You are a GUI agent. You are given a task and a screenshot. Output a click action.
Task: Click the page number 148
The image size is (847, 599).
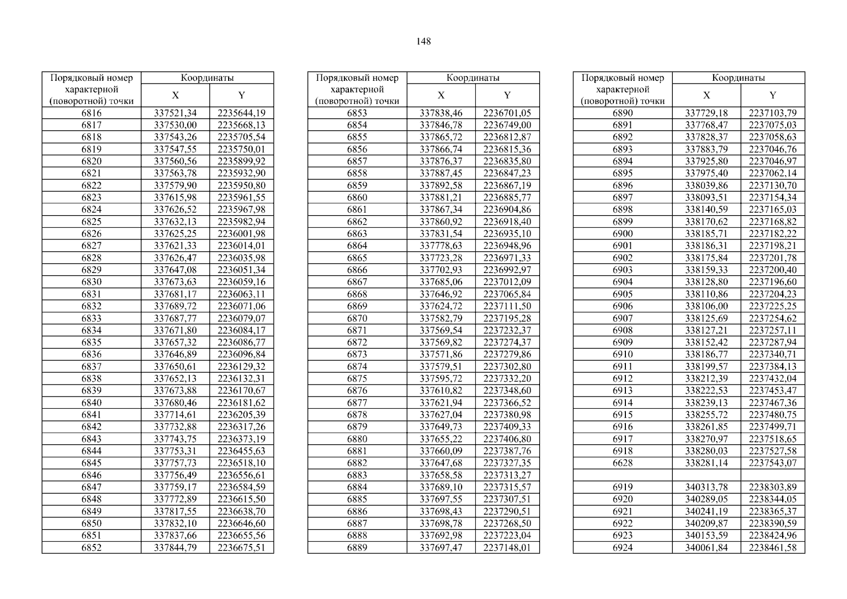[423, 41]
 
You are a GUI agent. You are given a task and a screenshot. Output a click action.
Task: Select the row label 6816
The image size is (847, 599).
[91, 113]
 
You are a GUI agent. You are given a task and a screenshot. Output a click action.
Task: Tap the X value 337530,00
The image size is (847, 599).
[175, 125]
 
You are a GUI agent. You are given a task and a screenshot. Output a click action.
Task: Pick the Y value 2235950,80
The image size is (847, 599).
[242, 186]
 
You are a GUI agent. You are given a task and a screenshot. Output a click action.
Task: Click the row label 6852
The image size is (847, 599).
[91, 548]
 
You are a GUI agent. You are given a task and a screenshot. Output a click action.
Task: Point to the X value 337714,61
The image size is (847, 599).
[175, 415]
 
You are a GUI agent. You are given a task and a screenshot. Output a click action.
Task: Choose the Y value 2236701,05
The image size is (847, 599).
[507, 113]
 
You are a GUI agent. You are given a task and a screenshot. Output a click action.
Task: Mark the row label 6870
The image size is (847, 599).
[357, 318]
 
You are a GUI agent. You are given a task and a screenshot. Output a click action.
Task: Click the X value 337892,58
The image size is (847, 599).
[441, 186]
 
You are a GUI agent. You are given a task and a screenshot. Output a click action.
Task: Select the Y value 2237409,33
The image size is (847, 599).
[507, 427]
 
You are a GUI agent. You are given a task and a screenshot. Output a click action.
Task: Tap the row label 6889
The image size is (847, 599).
[357, 548]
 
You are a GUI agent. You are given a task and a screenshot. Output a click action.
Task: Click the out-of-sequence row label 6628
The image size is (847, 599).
[622, 463]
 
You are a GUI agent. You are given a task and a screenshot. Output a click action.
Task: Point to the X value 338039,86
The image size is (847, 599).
[706, 186]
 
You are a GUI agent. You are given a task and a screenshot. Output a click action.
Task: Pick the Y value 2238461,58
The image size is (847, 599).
[773, 548]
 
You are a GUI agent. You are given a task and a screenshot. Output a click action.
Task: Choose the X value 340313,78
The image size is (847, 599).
[706, 487]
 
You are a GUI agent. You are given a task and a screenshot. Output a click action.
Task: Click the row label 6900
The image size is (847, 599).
[622, 234]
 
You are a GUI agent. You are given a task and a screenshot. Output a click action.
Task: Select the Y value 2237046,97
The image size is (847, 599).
[773, 161]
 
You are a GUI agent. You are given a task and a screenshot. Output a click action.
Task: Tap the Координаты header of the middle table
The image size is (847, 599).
[473, 78]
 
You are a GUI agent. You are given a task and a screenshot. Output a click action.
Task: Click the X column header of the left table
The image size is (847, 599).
[175, 95]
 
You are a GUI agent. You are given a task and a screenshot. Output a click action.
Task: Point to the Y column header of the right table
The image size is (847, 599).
[773, 95]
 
